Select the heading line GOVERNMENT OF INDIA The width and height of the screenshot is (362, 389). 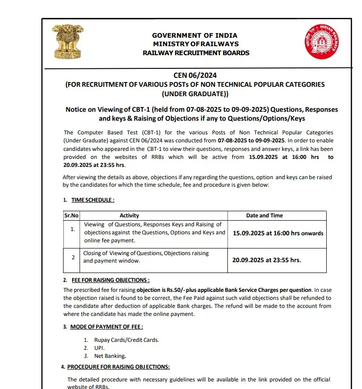194,35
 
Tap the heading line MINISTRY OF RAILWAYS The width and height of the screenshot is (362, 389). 196,44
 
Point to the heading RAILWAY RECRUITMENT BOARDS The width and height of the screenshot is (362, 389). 196,53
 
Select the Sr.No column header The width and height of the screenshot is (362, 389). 71,215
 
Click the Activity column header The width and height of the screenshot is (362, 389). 129,215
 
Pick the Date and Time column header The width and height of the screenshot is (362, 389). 264,215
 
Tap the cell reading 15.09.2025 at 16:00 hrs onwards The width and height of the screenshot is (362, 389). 278,233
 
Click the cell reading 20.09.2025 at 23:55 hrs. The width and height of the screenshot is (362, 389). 266,260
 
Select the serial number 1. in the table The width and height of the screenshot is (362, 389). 72,229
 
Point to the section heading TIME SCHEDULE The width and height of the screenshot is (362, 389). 89,200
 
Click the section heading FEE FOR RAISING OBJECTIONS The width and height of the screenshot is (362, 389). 111,280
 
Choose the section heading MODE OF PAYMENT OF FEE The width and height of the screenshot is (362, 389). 106,327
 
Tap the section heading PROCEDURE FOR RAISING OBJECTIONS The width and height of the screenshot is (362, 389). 118,367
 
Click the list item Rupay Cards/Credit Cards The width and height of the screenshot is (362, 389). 126,340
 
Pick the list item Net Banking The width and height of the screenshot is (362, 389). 110,356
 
